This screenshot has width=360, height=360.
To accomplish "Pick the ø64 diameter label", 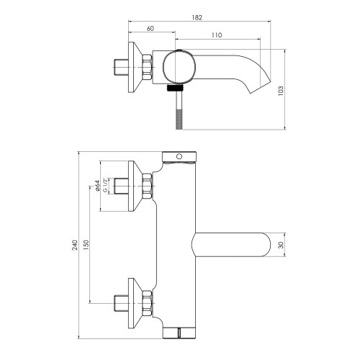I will [x=97, y=188].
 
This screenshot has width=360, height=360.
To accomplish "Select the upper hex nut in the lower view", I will [x=147, y=186].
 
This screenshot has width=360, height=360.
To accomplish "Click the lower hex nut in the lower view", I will [x=147, y=302].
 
